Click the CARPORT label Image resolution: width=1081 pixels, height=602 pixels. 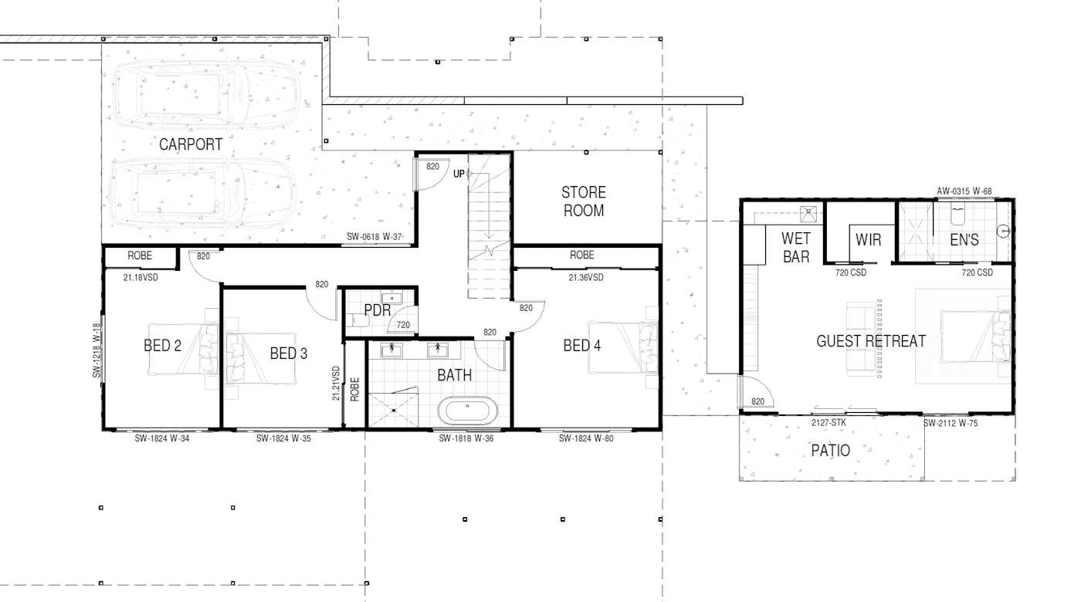[x=191, y=144]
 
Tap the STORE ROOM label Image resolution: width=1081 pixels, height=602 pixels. [x=584, y=201]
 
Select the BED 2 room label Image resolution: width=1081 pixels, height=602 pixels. [x=162, y=346]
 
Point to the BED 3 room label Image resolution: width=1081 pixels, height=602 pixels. [x=289, y=353]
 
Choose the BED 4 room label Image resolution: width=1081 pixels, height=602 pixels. [x=582, y=346]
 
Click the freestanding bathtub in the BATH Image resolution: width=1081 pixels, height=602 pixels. [x=468, y=411]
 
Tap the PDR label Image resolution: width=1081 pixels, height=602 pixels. [x=378, y=310]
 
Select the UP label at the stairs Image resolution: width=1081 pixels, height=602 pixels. [x=459, y=174]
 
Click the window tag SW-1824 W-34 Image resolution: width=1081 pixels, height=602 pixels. [x=162, y=438]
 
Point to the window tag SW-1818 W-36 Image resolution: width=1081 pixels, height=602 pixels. [x=466, y=438]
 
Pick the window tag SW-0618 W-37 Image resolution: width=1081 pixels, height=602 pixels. [x=374, y=237]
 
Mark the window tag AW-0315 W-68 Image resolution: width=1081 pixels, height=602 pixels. [x=964, y=191]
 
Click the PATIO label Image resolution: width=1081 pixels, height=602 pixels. [x=831, y=451]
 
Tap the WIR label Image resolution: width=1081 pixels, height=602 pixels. [x=868, y=240]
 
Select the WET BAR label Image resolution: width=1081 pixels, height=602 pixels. [x=796, y=248]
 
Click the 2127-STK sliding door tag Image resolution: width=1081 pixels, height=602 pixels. [x=829, y=423]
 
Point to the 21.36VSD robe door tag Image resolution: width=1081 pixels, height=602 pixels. [x=586, y=277]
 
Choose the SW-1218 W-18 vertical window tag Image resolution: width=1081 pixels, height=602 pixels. [x=97, y=350]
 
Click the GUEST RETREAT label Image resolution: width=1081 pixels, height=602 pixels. [x=871, y=341]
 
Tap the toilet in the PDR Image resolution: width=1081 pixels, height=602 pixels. [x=360, y=320]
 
